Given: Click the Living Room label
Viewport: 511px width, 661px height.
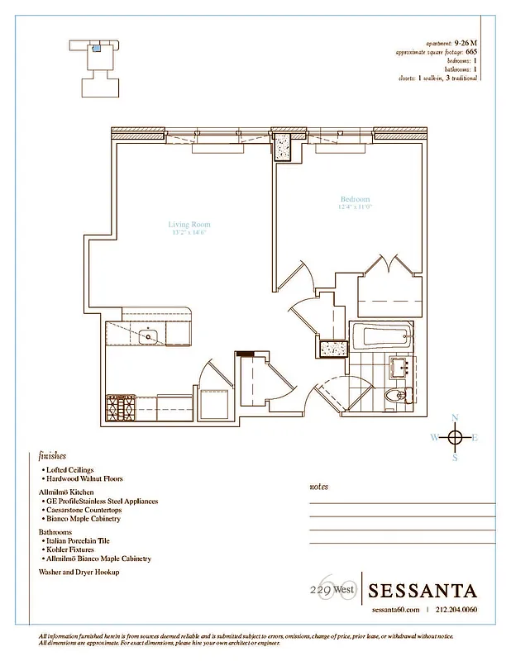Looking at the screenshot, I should point(189,225).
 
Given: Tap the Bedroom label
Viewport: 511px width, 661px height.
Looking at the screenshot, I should point(356,199).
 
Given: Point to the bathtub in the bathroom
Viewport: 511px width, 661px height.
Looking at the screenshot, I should point(381,335).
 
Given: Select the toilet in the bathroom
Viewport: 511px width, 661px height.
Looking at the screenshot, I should point(395,396).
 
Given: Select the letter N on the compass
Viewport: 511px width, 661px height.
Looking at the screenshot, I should point(454,418).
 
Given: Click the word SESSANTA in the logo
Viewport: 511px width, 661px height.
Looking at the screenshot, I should point(423,591).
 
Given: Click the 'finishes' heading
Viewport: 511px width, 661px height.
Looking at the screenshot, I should point(52,455).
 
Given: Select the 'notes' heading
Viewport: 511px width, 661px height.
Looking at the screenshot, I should point(318,487).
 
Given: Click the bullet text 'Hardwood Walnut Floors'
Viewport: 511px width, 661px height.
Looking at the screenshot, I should point(84,478).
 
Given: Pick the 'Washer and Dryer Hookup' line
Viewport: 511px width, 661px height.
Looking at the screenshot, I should point(79,572).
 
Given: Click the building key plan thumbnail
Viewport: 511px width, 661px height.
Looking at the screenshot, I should point(102,65).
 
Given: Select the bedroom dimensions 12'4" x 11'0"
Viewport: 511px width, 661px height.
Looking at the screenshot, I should point(356,207).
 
